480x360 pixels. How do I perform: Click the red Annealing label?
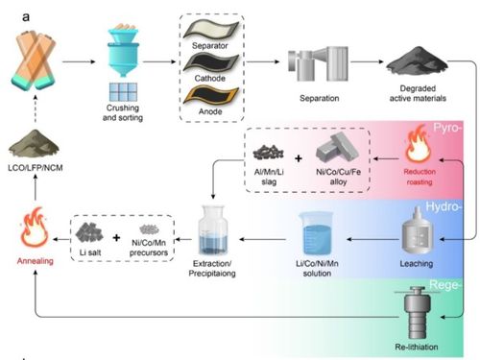click(x=36, y=261)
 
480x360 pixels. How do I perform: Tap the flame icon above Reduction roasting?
click(x=418, y=145)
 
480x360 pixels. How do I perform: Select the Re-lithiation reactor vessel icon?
click(x=416, y=313)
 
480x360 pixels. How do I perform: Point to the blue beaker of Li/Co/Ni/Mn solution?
click(x=317, y=233)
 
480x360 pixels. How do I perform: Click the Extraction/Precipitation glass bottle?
click(x=213, y=230)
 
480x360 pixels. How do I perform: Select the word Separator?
click(x=210, y=46)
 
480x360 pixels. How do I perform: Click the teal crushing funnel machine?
click(x=123, y=51)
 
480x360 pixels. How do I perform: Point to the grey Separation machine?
click(x=318, y=63)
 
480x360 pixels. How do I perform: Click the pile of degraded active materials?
click(x=417, y=61)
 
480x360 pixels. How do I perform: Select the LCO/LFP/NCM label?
click(x=36, y=168)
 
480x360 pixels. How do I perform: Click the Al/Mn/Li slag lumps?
click(x=268, y=153)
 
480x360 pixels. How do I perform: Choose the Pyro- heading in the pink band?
click(x=447, y=128)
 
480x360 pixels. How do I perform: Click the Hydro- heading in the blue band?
click(x=444, y=206)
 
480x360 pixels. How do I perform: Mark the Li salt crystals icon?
click(x=89, y=232)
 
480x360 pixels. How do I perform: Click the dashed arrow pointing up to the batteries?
click(x=36, y=108)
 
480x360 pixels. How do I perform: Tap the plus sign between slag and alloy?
click(x=299, y=158)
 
